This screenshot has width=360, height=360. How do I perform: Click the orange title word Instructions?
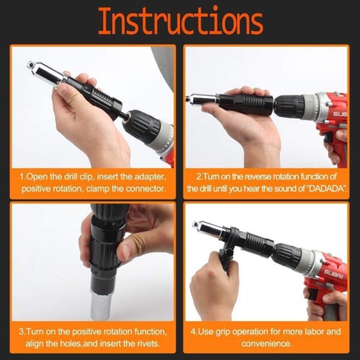pyautogui.click(x=180, y=22)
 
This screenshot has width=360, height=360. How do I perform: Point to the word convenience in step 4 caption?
pyautogui.click(x=266, y=343)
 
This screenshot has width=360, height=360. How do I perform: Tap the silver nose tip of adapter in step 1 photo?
pyautogui.click(x=31, y=65)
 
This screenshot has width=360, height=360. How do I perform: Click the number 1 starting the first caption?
pyautogui.click(x=22, y=178)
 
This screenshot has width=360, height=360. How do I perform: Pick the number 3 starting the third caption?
pyautogui.click(x=21, y=332)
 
